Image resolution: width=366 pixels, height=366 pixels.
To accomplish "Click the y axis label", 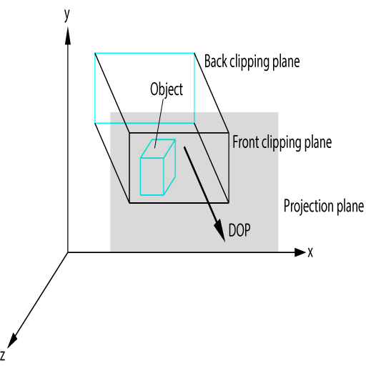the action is click(67, 16).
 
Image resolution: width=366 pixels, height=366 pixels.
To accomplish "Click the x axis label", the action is click(310, 252).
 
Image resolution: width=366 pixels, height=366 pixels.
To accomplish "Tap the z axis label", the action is click(3, 355).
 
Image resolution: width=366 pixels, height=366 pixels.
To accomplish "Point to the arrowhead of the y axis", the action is click(68, 36).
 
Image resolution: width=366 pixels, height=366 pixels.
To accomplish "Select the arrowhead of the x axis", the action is click(300, 252).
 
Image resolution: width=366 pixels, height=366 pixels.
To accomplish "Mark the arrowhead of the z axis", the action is click(12, 341).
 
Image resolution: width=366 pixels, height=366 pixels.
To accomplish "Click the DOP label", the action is click(239, 230).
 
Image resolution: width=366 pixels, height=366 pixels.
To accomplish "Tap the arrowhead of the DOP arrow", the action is click(219, 230).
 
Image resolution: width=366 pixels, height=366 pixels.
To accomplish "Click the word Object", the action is click(167, 89).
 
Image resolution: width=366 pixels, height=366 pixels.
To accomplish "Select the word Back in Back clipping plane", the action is click(216, 61).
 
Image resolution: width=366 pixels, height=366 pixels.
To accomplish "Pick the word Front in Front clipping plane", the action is click(246, 142).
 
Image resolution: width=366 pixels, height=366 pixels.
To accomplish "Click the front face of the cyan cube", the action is click(152, 177).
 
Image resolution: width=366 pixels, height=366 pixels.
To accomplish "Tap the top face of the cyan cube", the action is click(158, 149).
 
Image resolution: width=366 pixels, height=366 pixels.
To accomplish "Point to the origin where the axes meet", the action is click(68, 252).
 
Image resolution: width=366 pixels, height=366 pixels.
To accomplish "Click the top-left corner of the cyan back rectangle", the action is click(95, 53).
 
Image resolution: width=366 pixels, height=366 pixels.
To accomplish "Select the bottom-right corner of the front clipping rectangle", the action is click(229, 203).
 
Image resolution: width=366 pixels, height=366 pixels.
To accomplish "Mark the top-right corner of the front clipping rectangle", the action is click(229, 133).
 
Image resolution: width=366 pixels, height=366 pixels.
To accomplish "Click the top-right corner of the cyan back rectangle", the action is click(194, 53).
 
